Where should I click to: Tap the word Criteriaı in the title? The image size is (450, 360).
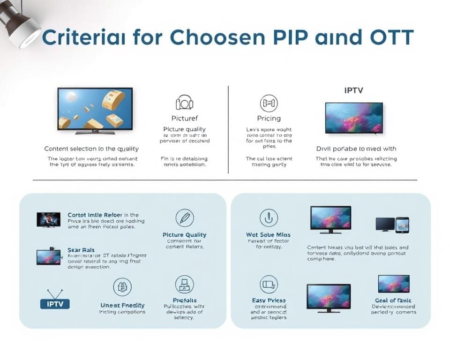tap(84, 37)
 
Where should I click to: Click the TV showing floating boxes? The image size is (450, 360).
tap(95, 111)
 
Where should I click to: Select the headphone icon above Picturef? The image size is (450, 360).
tap(184, 103)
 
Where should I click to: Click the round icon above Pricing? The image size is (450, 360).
tap(269, 103)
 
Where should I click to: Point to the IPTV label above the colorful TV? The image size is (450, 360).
tap(353, 90)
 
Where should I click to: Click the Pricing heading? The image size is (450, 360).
tap(269, 119)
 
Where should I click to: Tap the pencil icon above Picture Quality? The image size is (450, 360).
tap(184, 217)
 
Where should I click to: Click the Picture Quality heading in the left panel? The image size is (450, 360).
tap(184, 235)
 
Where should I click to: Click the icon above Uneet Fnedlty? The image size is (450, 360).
tap(122, 286)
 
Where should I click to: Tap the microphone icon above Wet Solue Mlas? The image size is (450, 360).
tap(269, 217)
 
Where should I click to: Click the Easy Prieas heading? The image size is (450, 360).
tap(269, 300)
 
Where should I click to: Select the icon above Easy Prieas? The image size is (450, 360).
tap(269, 284)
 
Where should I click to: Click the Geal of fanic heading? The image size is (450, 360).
tap(393, 300)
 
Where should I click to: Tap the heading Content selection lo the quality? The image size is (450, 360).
tap(91, 149)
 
